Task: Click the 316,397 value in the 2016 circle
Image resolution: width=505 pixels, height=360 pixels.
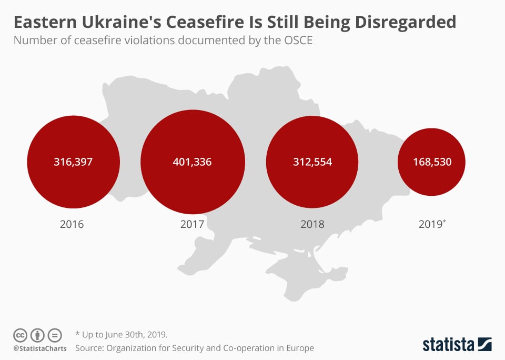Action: pyautogui.click(x=73, y=162)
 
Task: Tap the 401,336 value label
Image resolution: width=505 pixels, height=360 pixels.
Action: pyautogui.click(x=192, y=162)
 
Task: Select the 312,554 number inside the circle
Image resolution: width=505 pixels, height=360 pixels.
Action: pyautogui.click(x=312, y=162)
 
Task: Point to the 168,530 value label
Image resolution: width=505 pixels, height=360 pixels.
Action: pyautogui.click(x=431, y=162)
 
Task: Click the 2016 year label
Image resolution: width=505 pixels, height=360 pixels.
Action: pyautogui.click(x=72, y=224)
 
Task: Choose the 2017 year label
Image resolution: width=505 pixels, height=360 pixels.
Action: pyautogui.click(x=192, y=224)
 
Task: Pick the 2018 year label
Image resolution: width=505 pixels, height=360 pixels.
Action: pyautogui.click(x=312, y=224)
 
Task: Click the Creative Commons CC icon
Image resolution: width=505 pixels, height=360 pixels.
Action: pyautogui.click(x=20, y=335)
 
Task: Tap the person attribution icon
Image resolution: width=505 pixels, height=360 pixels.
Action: pyautogui.click(x=37, y=335)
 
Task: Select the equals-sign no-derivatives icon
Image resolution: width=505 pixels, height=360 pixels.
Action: pyautogui.click(x=55, y=335)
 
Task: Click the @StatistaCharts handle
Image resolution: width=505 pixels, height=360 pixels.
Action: pyautogui.click(x=40, y=348)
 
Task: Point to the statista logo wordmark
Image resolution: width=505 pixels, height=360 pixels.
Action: pyautogui.click(x=448, y=345)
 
